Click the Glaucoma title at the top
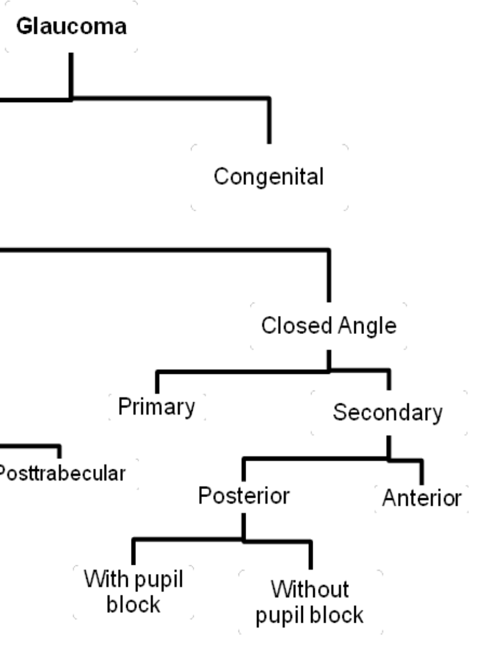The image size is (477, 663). point(71,27)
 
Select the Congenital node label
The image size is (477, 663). point(269,176)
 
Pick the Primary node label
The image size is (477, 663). point(157,407)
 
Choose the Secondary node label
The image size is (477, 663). point(387,413)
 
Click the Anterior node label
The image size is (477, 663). point(421,498)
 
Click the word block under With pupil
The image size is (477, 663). point(133,604)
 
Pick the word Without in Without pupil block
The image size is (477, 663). point(309,589)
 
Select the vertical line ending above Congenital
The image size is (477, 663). point(269,121)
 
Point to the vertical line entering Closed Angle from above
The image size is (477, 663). point(329,276)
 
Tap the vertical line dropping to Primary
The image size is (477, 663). point(157,382)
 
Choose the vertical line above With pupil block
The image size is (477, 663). point(133,552)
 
